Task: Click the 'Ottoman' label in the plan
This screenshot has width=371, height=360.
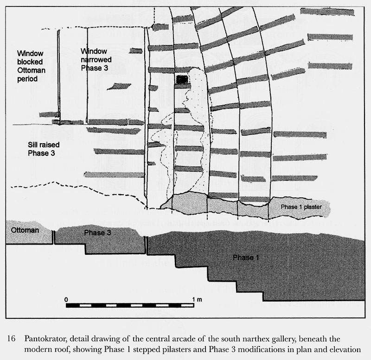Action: (x=21, y=230)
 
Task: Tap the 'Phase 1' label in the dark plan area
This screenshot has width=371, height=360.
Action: (x=243, y=257)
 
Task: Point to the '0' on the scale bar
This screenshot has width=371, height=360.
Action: (x=67, y=299)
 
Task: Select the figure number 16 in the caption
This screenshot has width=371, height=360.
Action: (x=11, y=338)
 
